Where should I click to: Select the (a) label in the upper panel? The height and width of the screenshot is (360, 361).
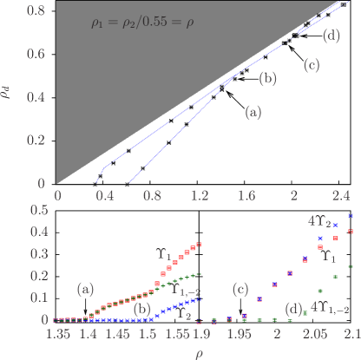point(252,112)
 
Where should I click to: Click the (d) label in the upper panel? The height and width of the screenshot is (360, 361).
point(330,36)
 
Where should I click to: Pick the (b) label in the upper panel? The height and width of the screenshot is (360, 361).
point(268,79)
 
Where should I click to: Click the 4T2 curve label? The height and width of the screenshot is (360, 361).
point(316,221)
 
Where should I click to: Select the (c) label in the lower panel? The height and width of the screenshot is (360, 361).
point(241,289)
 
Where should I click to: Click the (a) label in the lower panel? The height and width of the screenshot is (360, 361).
point(85,288)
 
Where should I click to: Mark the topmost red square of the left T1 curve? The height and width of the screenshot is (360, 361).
point(200,245)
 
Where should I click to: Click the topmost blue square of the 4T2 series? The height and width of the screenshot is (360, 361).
point(351,215)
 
